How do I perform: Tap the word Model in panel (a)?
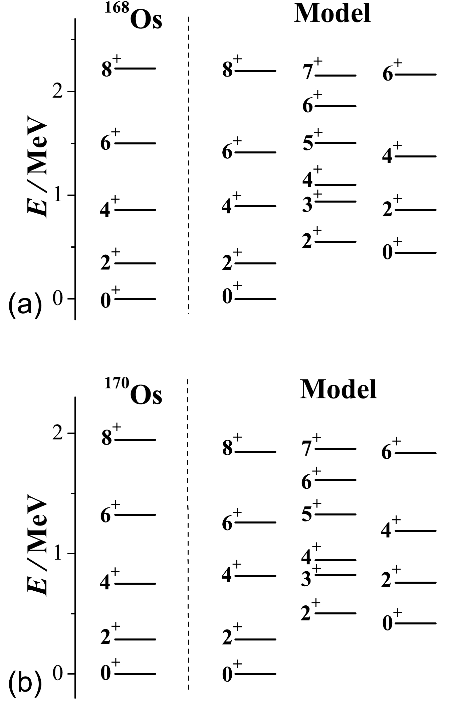(332, 14)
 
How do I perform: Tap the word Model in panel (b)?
(338, 389)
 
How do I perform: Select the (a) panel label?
(24, 303)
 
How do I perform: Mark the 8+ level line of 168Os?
(135, 69)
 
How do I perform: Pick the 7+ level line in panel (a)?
(335, 76)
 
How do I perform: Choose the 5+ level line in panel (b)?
(335, 514)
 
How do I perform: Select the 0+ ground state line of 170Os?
(135, 674)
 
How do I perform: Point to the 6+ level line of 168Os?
(135, 143)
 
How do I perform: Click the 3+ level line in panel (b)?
(335, 575)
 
